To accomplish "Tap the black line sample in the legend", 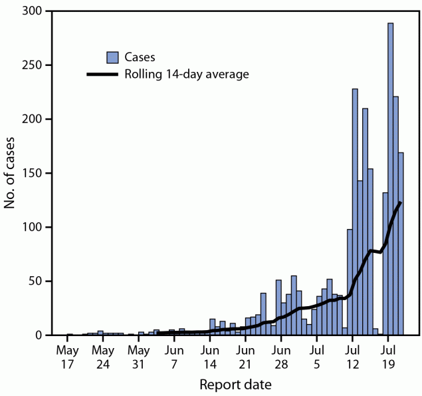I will pyautogui.click(x=102, y=74).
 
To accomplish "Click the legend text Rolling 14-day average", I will pyautogui.click(x=187, y=74).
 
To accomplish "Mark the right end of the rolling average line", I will pyautogui.click(x=401, y=202).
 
